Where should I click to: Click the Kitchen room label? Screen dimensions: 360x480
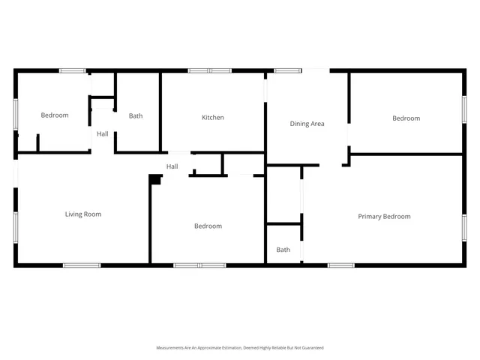click(x=213, y=117)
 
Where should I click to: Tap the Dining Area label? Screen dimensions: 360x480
click(x=307, y=124)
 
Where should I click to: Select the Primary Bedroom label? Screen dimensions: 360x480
click(x=384, y=216)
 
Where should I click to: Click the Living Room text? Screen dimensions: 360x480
click(x=82, y=214)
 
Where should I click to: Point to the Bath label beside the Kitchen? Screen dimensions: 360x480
click(x=136, y=115)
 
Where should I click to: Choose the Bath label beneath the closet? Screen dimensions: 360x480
click(x=283, y=250)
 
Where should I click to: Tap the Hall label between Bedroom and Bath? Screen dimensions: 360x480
click(x=102, y=133)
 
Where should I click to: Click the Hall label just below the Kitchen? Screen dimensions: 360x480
click(x=172, y=166)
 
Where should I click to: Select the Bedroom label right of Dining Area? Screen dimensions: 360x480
click(x=406, y=118)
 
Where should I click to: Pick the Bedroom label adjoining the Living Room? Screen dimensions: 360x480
click(x=208, y=226)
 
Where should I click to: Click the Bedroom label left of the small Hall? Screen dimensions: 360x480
click(x=54, y=115)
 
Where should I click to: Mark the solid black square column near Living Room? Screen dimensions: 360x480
click(x=155, y=179)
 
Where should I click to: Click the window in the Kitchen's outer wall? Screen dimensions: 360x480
click(x=210, y=70)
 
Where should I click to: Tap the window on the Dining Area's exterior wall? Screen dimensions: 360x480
click(x=287, y=70)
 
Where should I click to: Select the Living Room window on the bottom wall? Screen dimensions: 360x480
click(x=81, y=265)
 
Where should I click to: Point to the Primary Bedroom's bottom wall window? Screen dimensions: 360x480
click(x=341, y=265)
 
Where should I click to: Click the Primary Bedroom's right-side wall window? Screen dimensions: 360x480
click(x=463, y=225)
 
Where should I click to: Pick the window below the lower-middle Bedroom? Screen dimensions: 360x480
click(x=199, y=265)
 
